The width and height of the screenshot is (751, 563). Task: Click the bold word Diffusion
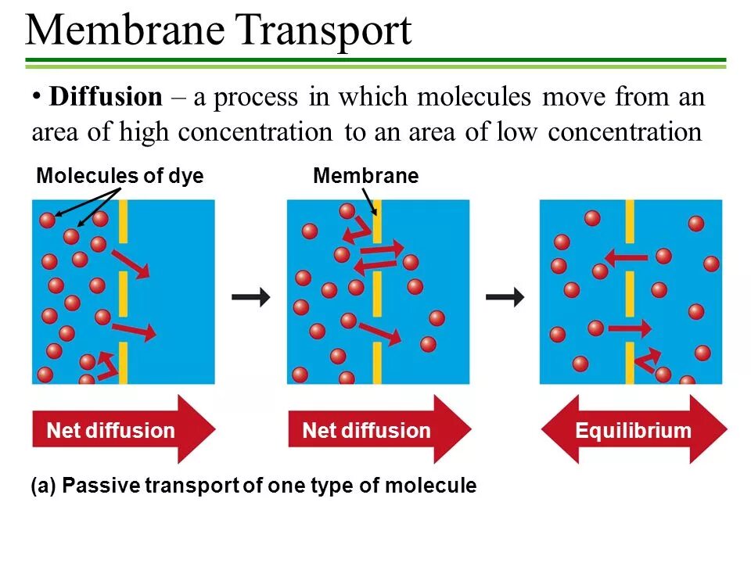click(x=105, y=98)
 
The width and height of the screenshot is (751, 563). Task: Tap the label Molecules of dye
click(x=120, y=177)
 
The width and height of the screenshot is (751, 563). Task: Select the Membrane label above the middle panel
click(x=365, y=177)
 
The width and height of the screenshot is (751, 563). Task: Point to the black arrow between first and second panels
click(x=251, y=297)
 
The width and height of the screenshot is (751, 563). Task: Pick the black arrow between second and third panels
click(x=505, y=297)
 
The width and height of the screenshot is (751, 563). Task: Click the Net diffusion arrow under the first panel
click(x=121, y=430)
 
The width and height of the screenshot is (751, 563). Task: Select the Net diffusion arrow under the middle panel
click(x=378, y=430)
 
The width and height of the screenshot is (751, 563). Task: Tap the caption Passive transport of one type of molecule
click(x=253, y=486)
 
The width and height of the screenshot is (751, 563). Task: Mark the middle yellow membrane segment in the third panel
click(x=630, y=292)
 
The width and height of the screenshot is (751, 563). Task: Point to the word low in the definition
click(x=517, y=132)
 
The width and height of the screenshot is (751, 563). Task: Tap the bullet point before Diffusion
click(x=36, y=96)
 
